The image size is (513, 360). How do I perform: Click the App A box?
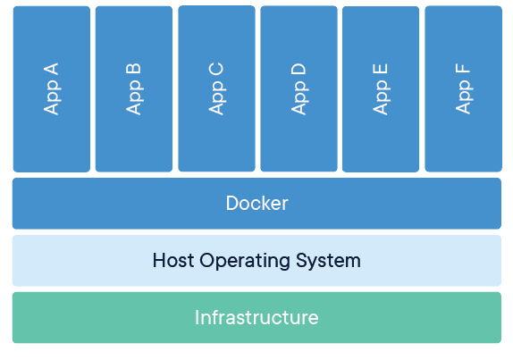[x=51, y=89]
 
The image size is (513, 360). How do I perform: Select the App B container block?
[x=133, y=89]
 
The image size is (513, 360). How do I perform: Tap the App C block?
[x=216, y=88]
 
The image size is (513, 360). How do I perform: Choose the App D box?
[x=299, y=88]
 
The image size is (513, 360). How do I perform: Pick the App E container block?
[x=381, y=89]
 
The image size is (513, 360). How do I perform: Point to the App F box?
[x=463, y=89]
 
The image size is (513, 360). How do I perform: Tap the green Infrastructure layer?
[x=89, y=317]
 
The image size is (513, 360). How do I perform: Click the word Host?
[x=172, y=261]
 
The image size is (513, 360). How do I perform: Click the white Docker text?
[x=256, y=204]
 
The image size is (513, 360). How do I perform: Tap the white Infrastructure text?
[x=256, y=317]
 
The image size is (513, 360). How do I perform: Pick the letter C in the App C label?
[x=216, y=68]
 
